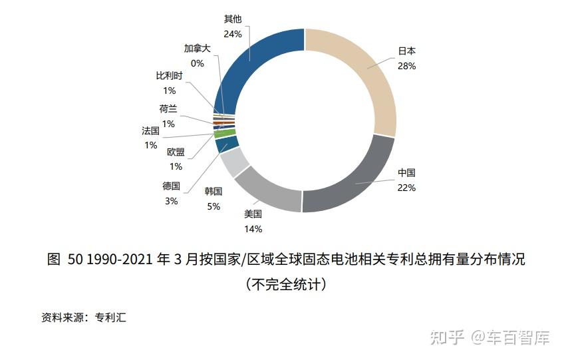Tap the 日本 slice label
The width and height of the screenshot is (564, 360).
(406, 51)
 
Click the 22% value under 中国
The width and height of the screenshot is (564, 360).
(406, 188)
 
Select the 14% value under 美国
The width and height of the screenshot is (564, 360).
(253, 229)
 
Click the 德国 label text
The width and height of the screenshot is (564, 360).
(171, 186)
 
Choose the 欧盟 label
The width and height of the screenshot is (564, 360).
(176, 152)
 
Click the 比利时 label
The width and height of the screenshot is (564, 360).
(169, 76)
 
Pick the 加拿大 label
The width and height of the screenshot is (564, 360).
(197, 49)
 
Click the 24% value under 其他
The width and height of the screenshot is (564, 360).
(233, 33)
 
